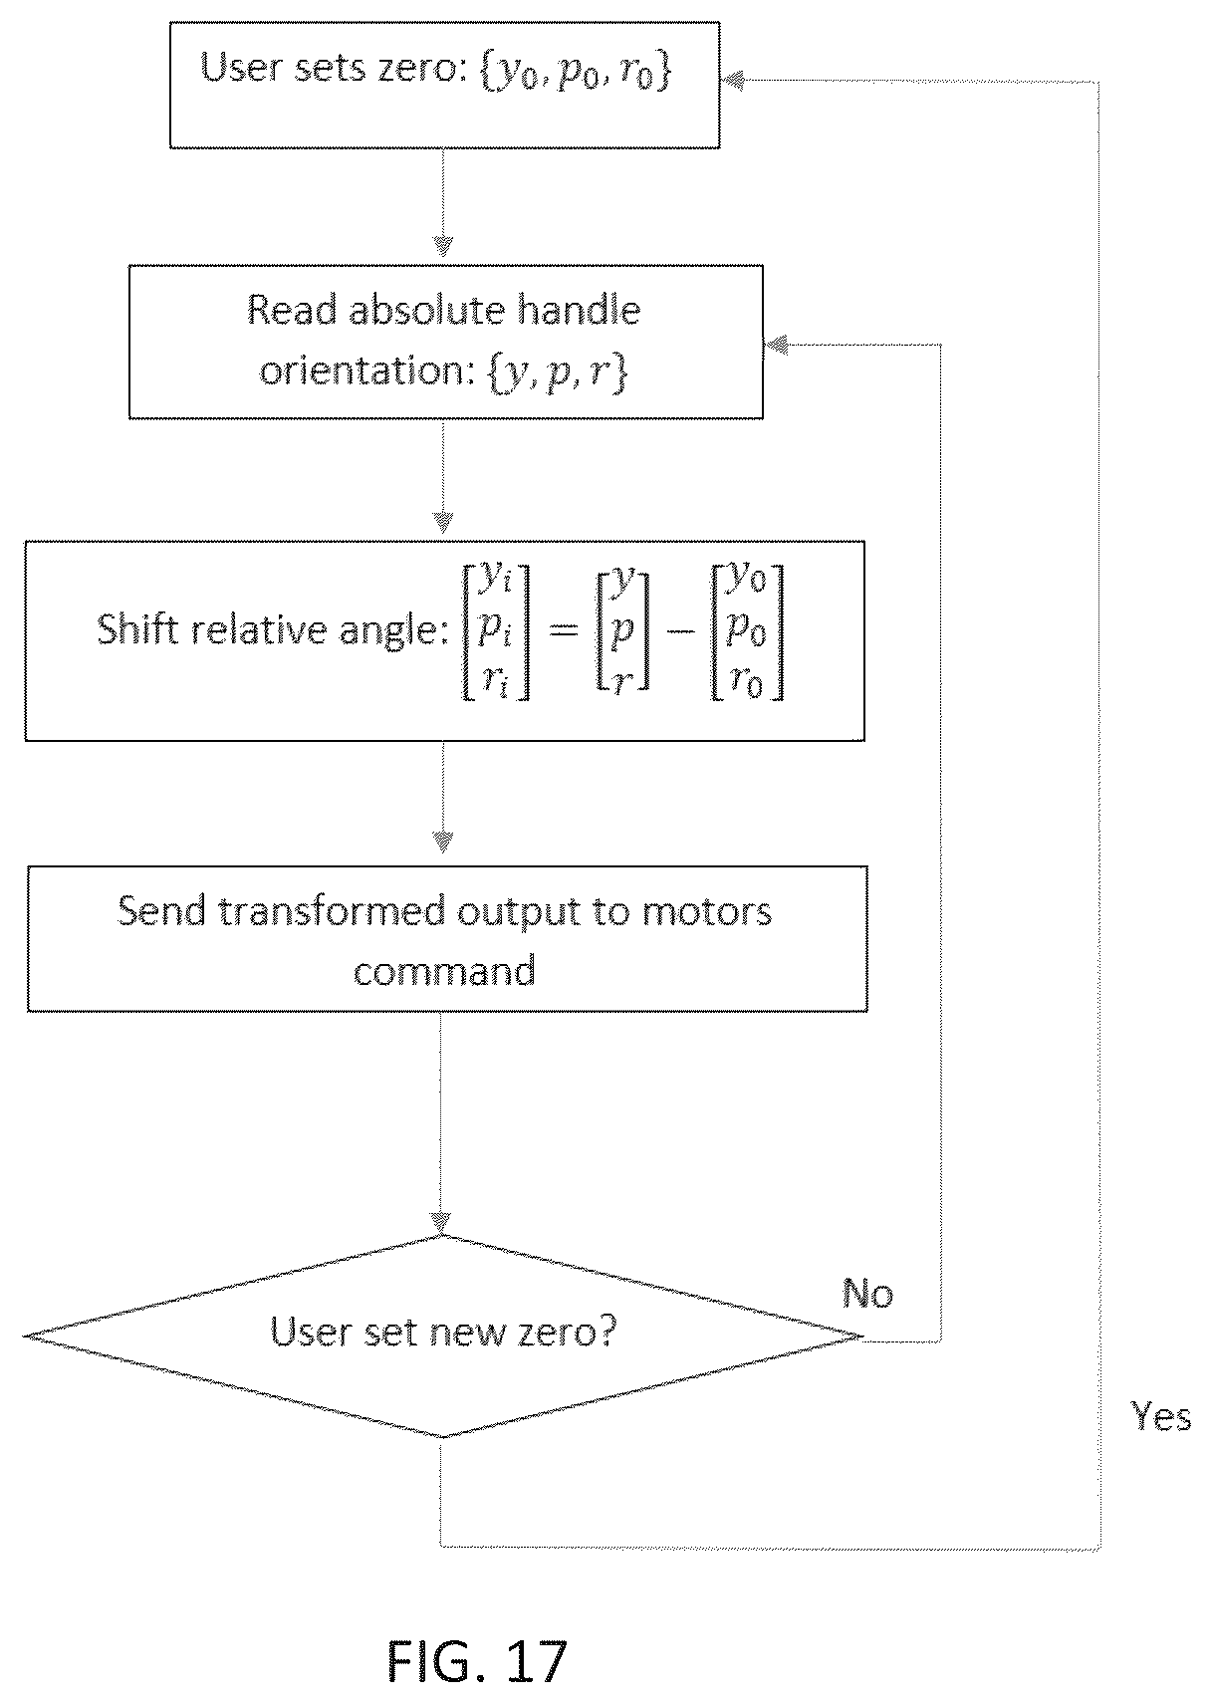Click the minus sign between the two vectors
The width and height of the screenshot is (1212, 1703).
click(680, 631)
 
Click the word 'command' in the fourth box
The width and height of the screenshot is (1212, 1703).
click(444, 971)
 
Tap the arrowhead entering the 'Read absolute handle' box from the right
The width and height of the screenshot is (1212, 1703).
click(776, 346)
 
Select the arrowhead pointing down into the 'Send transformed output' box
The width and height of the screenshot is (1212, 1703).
click(442, 842)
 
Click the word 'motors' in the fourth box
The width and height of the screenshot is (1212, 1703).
click(706, 911)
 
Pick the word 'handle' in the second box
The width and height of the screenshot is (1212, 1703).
click(580, 310)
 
